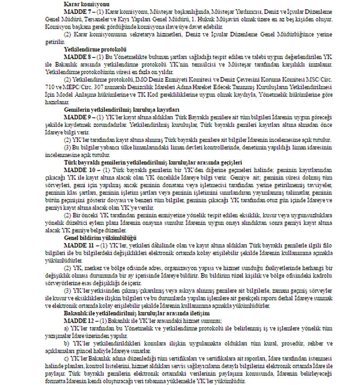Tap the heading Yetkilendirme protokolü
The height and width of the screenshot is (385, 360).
[x=91, y=48]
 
